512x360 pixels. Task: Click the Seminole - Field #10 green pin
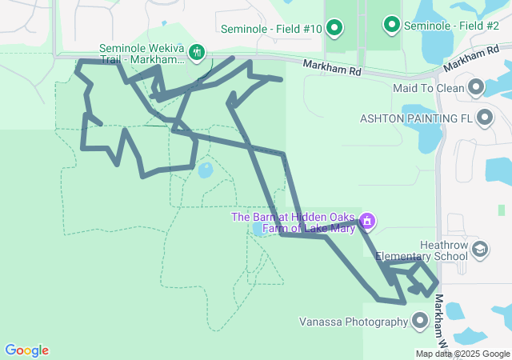pos(334,30)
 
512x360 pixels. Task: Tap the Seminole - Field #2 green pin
pos(391,26)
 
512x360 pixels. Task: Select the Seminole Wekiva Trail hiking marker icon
pos(197,54)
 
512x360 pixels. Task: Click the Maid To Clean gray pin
pos(477,87)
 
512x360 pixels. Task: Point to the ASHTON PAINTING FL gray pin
pos(484,118)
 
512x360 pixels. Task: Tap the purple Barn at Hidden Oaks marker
pos(367,220)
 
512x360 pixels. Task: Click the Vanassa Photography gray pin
pos(420,322)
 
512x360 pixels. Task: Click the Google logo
pos(26,350)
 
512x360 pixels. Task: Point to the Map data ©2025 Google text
pos(462,354)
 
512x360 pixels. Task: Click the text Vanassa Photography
pos(354,322)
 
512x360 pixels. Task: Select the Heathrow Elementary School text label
pos(422,251)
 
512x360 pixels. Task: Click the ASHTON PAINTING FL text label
pos(418,118)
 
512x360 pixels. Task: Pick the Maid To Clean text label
pos(429,88)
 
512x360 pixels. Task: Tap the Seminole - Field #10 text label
pos(272,30)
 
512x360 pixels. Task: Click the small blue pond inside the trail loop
pos(206,170)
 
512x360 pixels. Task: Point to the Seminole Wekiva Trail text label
pos(142,54)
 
